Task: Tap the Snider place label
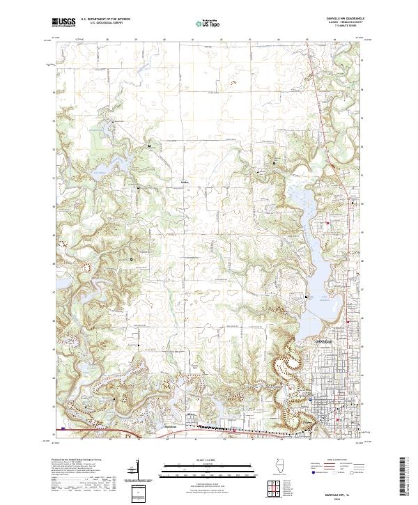tap(185, 182)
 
